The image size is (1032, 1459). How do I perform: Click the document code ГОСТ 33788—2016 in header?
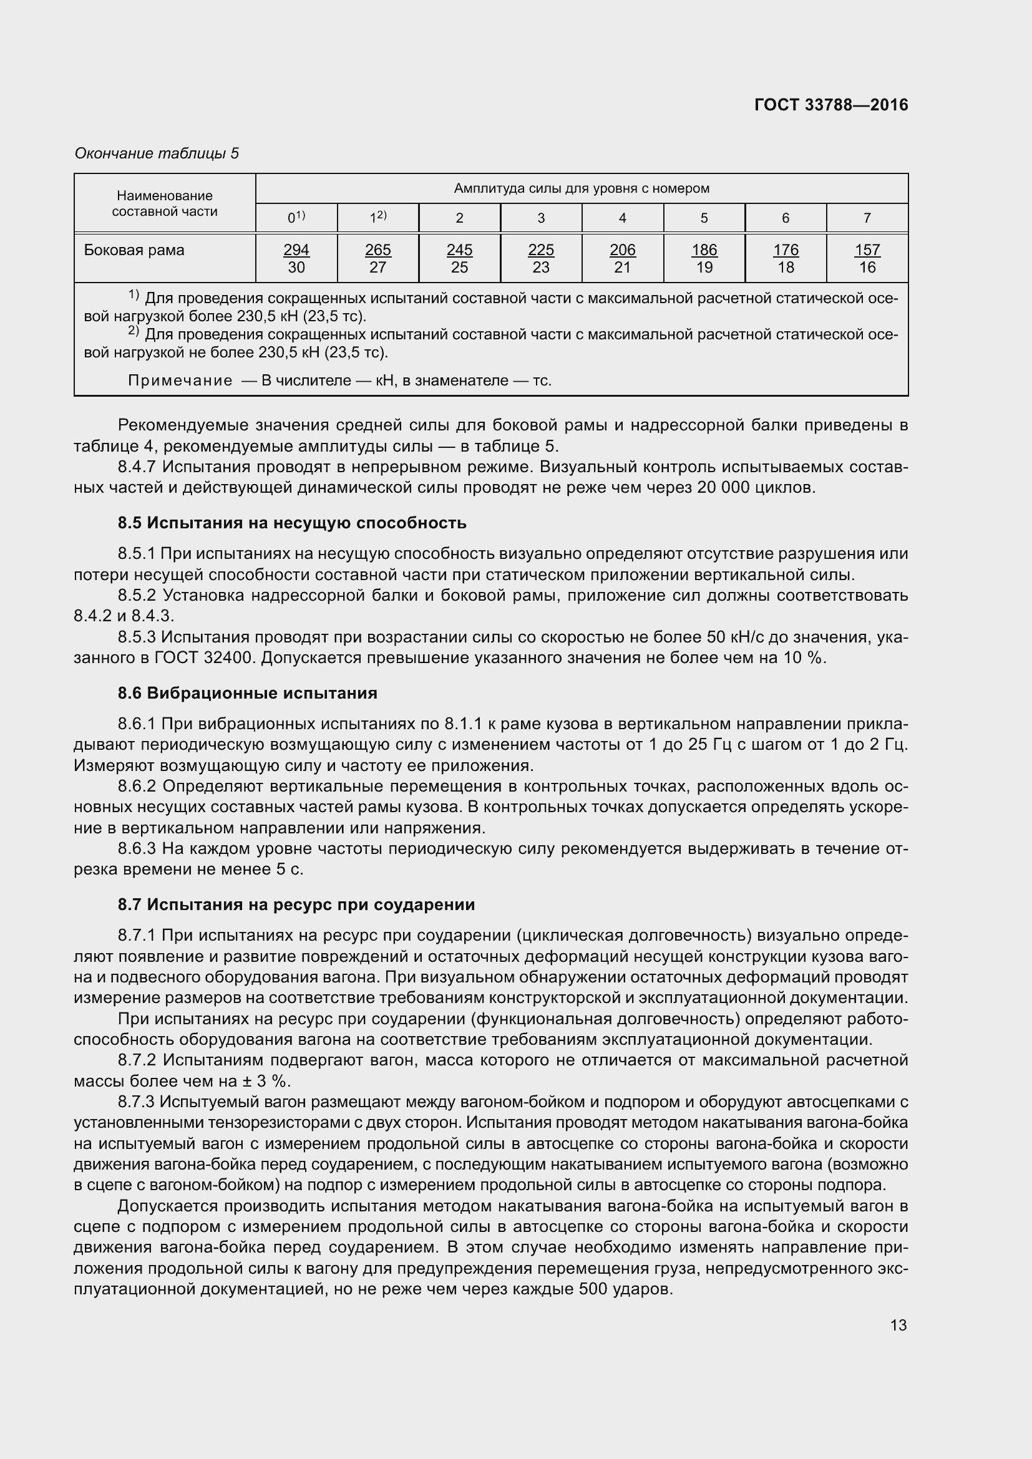tap(831, 105)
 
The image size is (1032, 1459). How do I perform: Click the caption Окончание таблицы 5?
tap(157, 153)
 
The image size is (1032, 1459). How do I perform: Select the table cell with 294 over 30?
tap(296, 258)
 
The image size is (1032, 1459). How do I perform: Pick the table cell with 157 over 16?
tap(867, 258)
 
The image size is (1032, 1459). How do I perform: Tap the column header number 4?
tap(622, 218)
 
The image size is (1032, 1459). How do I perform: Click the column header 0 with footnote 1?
tap(296, 217)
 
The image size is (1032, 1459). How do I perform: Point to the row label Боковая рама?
tap(134, 250)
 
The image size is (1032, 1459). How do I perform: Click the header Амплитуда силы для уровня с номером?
tap(582, 188)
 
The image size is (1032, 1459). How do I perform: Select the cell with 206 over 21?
tap(622, 258)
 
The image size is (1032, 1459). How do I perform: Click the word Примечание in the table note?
tap(180, 380)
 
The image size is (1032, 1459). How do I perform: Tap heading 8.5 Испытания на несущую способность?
tap(291, 522)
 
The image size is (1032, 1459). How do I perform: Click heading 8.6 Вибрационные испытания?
tap(247, 692)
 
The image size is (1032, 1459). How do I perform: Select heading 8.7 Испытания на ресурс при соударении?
tap(296, 904)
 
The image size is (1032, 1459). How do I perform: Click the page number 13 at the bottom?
tap(898, 1325)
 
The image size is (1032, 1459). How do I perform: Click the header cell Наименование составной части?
tap(165, 203)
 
